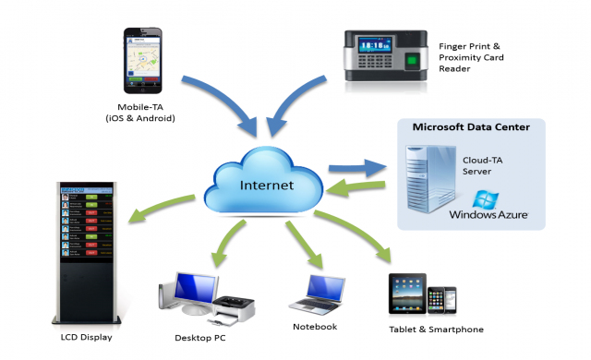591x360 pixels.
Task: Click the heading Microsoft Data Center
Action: (x=470, y=126)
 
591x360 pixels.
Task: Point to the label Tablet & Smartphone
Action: (x=436, y=330)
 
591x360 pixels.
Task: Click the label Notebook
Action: (x=316, y=326)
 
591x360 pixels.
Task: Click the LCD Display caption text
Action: (x=86, y=337)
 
